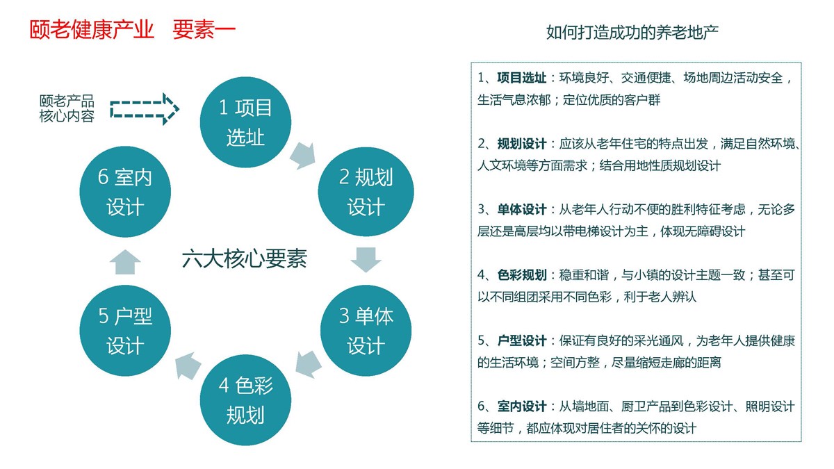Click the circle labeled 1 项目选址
[x=245, y=122]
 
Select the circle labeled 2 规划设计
[x=366, y=191]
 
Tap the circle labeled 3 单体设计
[x=366, y=330]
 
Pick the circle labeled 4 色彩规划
[x=245, y=400]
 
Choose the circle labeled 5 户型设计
[x=125, y=330]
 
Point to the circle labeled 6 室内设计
[x=125, y=191]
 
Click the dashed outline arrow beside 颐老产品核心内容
[x=145, y=109]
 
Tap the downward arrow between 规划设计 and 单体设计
[x=366, y=259]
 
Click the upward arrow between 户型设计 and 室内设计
[x=125, y=262]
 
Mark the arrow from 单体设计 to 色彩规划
[x=309, y=364]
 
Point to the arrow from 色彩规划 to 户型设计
[x=188, y=365]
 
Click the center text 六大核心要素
[x=245, y=258]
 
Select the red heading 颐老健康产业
[x=92, y=29]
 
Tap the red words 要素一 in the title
[x=204, y=29]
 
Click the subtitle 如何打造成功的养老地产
[x=632, y=33]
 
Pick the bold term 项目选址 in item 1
[x=522, y=78]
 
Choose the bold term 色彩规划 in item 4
[x=522, y=275]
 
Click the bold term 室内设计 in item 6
[x=522, y=406]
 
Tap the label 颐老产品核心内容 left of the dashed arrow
[x=67, y=108]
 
